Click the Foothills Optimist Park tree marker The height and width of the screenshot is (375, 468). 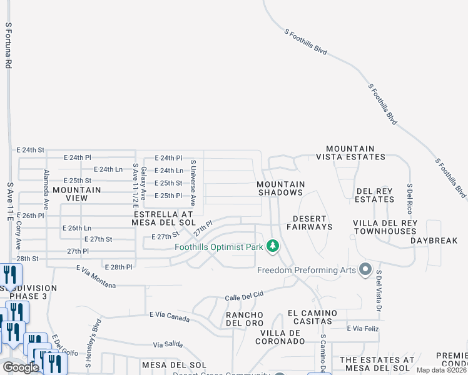272,246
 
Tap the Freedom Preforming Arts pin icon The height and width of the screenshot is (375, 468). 365,270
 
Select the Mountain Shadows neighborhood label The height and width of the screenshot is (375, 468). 281,188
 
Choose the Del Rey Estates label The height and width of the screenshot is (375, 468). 375,195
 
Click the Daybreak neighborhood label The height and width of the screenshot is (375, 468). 434,241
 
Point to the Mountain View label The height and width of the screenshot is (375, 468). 77,193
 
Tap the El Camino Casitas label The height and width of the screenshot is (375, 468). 312,317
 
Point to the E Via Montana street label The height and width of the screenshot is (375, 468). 96,276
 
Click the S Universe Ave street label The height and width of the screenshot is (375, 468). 193,183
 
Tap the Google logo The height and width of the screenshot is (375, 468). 21,367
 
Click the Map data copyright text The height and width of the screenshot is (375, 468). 442,370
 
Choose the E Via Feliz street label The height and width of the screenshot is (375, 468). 364,327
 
